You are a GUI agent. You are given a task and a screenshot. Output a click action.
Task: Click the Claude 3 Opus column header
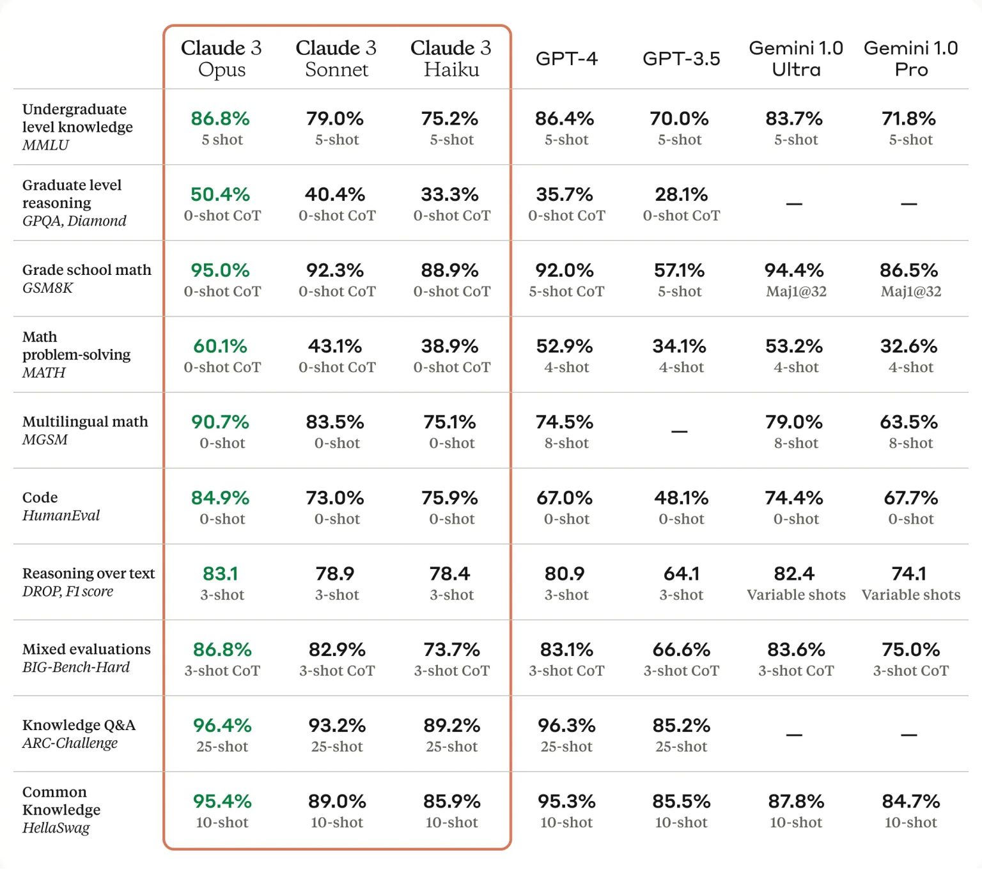221,58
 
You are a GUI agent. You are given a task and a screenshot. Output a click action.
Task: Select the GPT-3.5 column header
681,59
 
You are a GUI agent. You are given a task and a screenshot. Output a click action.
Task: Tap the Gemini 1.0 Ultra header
796,58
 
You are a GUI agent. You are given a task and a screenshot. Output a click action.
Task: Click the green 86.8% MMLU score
220,118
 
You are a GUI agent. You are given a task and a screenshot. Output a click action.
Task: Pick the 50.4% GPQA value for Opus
220,194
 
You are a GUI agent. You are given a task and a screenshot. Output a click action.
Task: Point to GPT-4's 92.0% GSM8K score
565,270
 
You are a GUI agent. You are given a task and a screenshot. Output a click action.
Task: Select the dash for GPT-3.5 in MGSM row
680,432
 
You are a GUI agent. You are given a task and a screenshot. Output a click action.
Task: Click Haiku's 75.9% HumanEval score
449,498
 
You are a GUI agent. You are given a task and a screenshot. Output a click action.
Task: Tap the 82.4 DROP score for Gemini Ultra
794,574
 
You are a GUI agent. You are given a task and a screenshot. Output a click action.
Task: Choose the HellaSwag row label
56,829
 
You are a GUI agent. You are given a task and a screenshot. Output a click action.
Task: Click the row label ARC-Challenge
70,744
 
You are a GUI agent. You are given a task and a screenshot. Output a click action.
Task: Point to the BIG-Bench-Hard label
76,667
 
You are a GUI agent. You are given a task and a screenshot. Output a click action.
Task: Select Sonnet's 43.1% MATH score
335,346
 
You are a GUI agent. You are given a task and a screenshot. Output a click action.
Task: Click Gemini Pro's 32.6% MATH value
908,346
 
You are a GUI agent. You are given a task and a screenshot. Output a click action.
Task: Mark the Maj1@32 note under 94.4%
796,292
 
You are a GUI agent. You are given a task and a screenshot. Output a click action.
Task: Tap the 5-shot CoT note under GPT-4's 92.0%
566,292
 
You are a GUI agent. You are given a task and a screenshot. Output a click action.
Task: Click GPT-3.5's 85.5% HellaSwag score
681,802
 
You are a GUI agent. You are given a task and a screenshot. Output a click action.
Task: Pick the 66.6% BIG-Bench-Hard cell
681,650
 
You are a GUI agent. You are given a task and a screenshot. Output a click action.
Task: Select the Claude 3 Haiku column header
451,58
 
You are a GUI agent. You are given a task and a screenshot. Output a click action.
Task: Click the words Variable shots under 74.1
910,595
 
